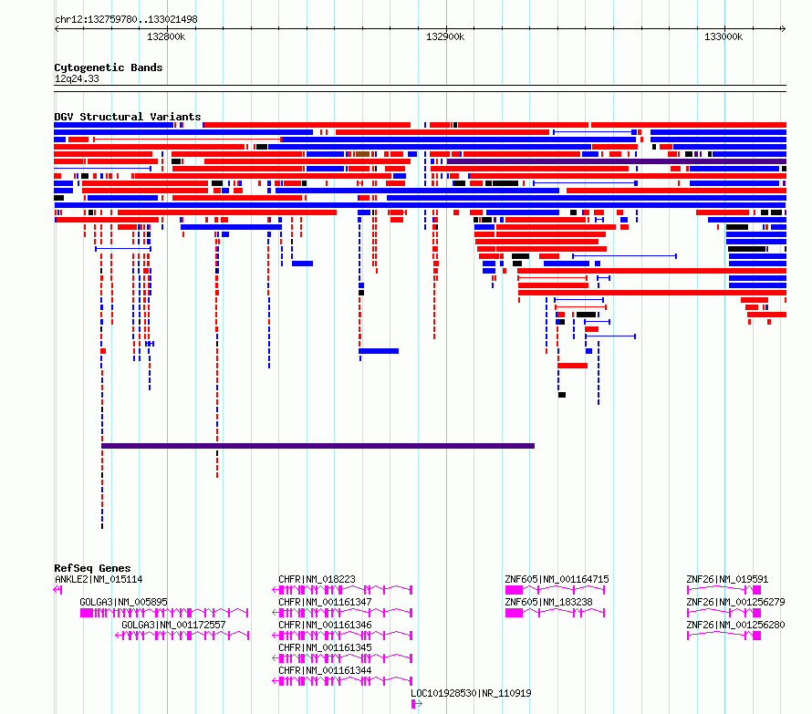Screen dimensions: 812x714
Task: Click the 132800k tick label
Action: (x=166, y=36)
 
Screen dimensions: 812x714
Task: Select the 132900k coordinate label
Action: (x=445, y=36)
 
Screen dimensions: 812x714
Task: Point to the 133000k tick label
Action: (x=723, y=36)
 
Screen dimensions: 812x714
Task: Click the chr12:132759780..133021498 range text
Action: (x=126, y=19)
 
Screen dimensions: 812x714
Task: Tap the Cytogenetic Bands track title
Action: (x=109, y=67)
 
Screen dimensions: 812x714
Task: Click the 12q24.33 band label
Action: (x=77, y=78)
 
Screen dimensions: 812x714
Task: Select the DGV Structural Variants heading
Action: (x=128, y=117)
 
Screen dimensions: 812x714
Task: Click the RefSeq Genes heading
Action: (x=92, y=568)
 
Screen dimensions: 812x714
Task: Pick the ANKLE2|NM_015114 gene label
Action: (x=99, y=579)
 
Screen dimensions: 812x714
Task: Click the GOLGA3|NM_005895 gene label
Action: (x=123, y=602)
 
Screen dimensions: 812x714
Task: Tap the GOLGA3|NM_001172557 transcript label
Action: (x=173, y=625)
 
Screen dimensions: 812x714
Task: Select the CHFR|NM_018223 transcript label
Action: (x=317, y=579)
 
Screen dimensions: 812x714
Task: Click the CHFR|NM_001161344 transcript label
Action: (x=325, y=670)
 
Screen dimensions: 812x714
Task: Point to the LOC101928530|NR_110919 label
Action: (x=471, y=693)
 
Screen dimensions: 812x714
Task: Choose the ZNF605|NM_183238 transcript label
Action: (x=548, y=602)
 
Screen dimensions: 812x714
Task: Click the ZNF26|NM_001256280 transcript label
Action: (x=735, y=625)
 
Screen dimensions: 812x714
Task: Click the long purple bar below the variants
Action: (x=318, y=446)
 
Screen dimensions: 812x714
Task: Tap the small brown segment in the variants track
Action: (x=362, y=154)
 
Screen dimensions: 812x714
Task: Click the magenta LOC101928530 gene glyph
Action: (x=416, y=704)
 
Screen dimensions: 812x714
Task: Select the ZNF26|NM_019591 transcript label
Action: (x=727, y=579)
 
